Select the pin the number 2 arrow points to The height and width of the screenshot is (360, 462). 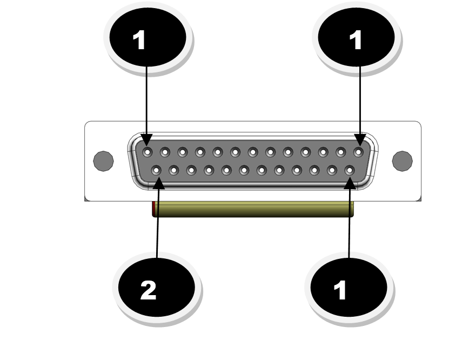(x=156, y=170)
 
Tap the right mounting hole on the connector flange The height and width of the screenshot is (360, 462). (x=401, y=160)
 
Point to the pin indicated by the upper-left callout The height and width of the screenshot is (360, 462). (x=147, y=152)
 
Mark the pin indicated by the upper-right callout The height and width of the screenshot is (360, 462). (x=358, y=152)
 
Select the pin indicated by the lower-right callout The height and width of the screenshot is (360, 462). (x=349, y=170)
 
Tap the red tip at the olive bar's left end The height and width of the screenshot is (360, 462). (x=154, y=209)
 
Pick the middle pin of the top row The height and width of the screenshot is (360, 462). (x=252, y=152)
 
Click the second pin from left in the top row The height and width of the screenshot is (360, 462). (x=165, y=152)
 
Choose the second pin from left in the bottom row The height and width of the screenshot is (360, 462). (x=174, y=170)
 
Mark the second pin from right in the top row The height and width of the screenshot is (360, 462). (x=340, y=152)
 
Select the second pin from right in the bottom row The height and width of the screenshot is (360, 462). (x=332, y=170)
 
